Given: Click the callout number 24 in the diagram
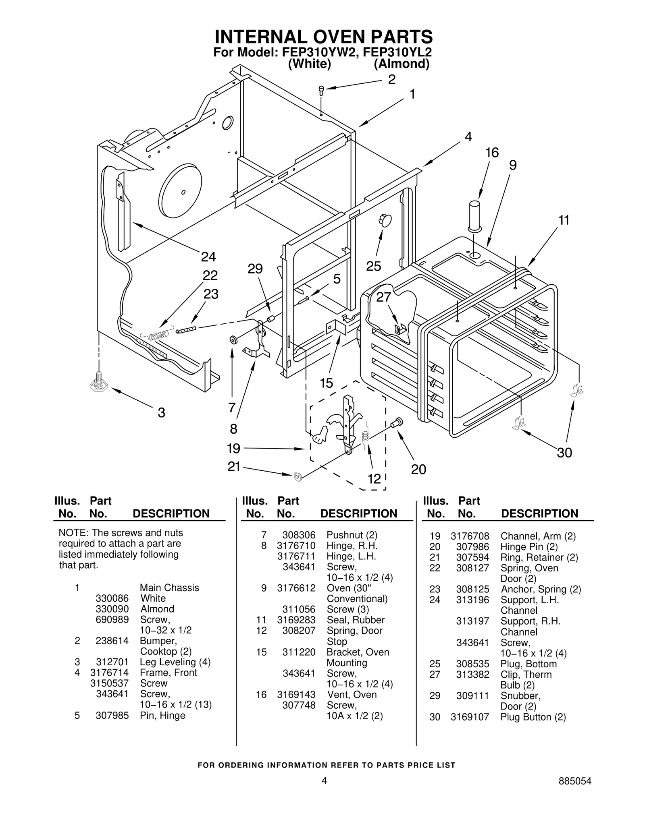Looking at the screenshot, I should (208, 256).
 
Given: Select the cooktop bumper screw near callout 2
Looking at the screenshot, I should (321, 91).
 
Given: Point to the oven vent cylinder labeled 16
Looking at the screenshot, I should (474, 215).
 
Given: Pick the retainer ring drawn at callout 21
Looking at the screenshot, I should (298, 476).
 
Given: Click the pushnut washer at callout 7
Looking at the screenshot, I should (233, 340).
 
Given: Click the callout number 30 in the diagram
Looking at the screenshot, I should (564, 453).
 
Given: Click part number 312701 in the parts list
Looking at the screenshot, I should (112, 662).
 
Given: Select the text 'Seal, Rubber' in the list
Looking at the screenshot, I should (355, 620).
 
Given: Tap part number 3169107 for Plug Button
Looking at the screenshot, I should (470, 717).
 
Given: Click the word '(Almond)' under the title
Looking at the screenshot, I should (401, 64).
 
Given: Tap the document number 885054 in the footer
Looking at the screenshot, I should (575, 792).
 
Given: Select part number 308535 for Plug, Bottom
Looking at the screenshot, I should (472, 664).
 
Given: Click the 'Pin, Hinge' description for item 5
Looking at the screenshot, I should (162, 715).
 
